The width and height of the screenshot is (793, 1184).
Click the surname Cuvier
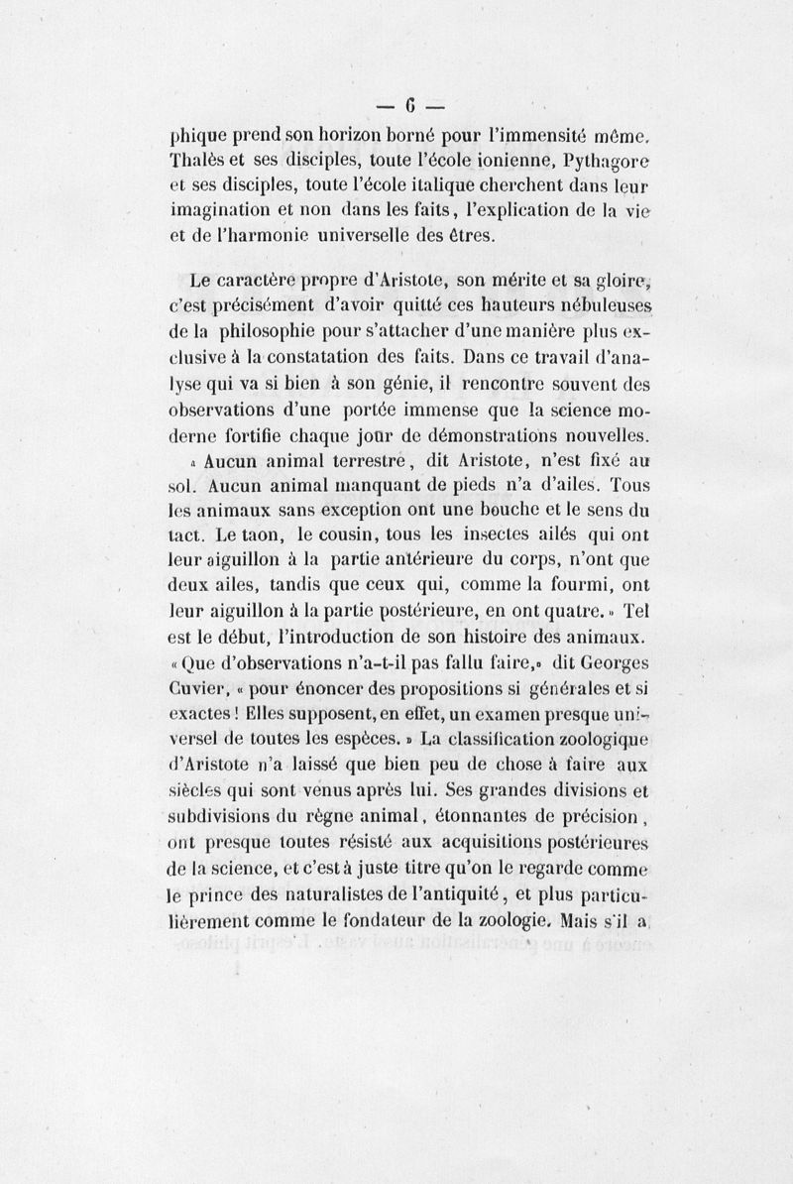click(x=202, y=684)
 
